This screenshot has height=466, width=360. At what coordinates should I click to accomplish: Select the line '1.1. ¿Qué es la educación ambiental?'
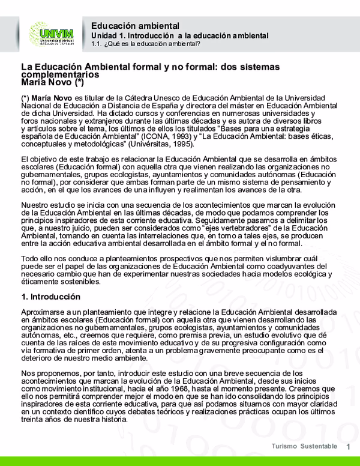146,44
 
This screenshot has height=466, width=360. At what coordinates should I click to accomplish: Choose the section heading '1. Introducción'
50,297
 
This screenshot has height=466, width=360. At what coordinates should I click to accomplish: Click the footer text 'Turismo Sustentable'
304,447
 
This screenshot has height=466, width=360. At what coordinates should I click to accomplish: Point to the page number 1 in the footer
349,447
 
